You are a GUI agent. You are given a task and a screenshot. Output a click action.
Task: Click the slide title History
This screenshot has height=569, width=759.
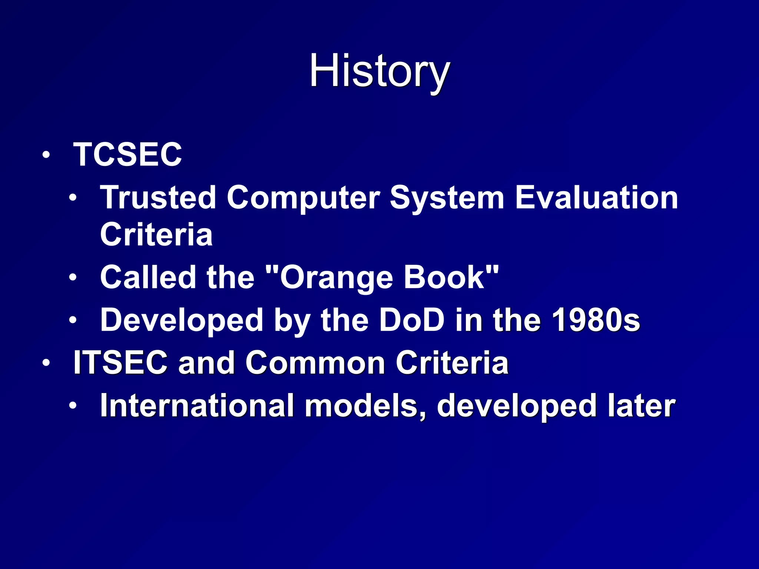379,71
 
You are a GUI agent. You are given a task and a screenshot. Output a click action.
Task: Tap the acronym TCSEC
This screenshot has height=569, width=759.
127,154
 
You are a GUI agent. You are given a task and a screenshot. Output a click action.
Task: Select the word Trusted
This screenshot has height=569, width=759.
158,197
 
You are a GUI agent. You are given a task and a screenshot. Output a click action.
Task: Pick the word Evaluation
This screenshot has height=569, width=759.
597,197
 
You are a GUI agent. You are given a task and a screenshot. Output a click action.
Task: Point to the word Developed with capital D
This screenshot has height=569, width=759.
182,321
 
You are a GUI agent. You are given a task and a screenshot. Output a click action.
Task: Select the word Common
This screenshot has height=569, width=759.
315,363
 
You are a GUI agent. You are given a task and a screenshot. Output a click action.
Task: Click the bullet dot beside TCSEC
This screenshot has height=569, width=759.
46,155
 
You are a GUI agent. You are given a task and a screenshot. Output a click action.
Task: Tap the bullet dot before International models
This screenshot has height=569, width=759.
73,406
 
